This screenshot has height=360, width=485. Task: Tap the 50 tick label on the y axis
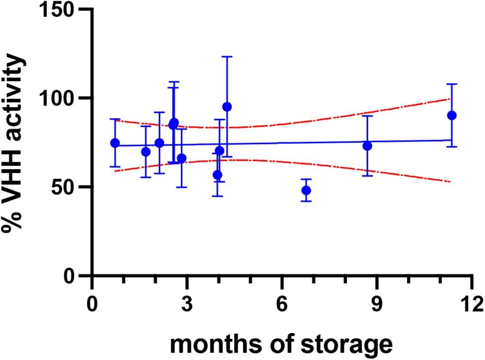pos(63,187)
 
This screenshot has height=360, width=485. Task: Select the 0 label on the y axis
pos(69,276)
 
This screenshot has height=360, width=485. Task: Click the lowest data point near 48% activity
pos(306,190)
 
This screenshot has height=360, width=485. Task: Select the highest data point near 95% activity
pos(227,107)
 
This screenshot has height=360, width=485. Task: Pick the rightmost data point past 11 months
pos(452,115)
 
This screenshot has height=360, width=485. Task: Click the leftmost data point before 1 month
pos(115,143)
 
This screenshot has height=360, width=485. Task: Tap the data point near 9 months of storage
pos(367,146)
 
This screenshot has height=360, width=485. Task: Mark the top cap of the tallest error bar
pos(227,56)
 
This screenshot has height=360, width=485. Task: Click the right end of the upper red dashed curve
pos(450,99)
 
